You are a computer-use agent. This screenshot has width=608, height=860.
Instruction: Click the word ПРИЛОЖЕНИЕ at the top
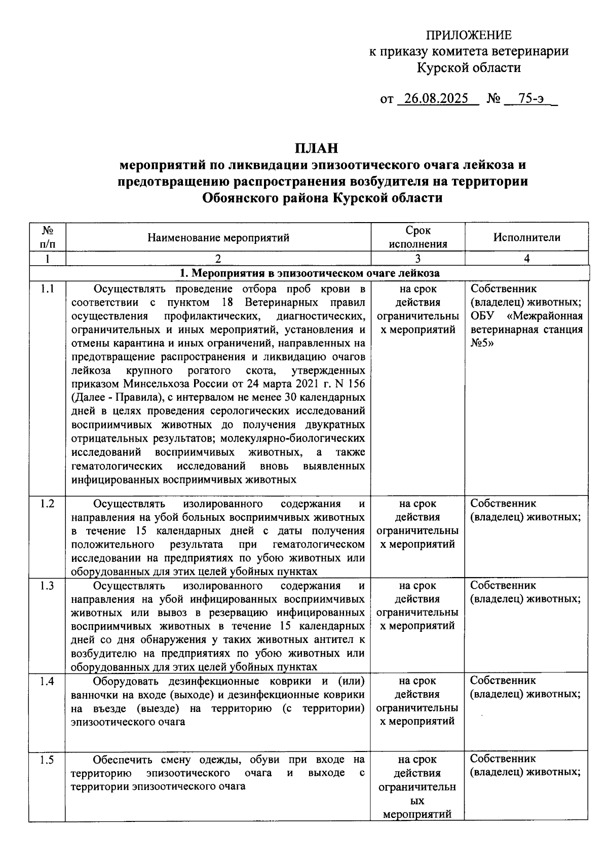tap(468, 35)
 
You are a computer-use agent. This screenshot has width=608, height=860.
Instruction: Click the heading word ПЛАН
tap(316, 149)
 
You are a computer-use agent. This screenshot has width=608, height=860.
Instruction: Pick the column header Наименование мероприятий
tap(218, 237)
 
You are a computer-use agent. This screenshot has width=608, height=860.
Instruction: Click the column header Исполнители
tap(526, 237)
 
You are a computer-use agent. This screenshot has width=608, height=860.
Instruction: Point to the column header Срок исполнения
tap(418, 237)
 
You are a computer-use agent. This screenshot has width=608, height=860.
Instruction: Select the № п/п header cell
tap(48, 237)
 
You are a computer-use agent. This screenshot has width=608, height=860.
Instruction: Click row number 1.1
tap(47, 290)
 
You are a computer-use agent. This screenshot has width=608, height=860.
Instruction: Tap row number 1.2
tap(47, 504)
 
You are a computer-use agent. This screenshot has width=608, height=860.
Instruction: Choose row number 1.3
tap(47, 586)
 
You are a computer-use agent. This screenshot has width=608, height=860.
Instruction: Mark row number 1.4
tap(47, 681)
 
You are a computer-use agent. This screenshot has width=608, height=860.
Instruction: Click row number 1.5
tap(47, 760)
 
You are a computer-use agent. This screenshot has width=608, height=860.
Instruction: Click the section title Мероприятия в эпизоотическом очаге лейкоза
tap(310, 273)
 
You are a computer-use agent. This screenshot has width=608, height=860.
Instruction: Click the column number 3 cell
tap(418, 259)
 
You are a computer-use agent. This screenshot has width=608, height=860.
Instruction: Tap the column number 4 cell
tap(526, 259)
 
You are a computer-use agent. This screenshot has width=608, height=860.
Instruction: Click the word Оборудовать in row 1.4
tap(127, 681)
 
